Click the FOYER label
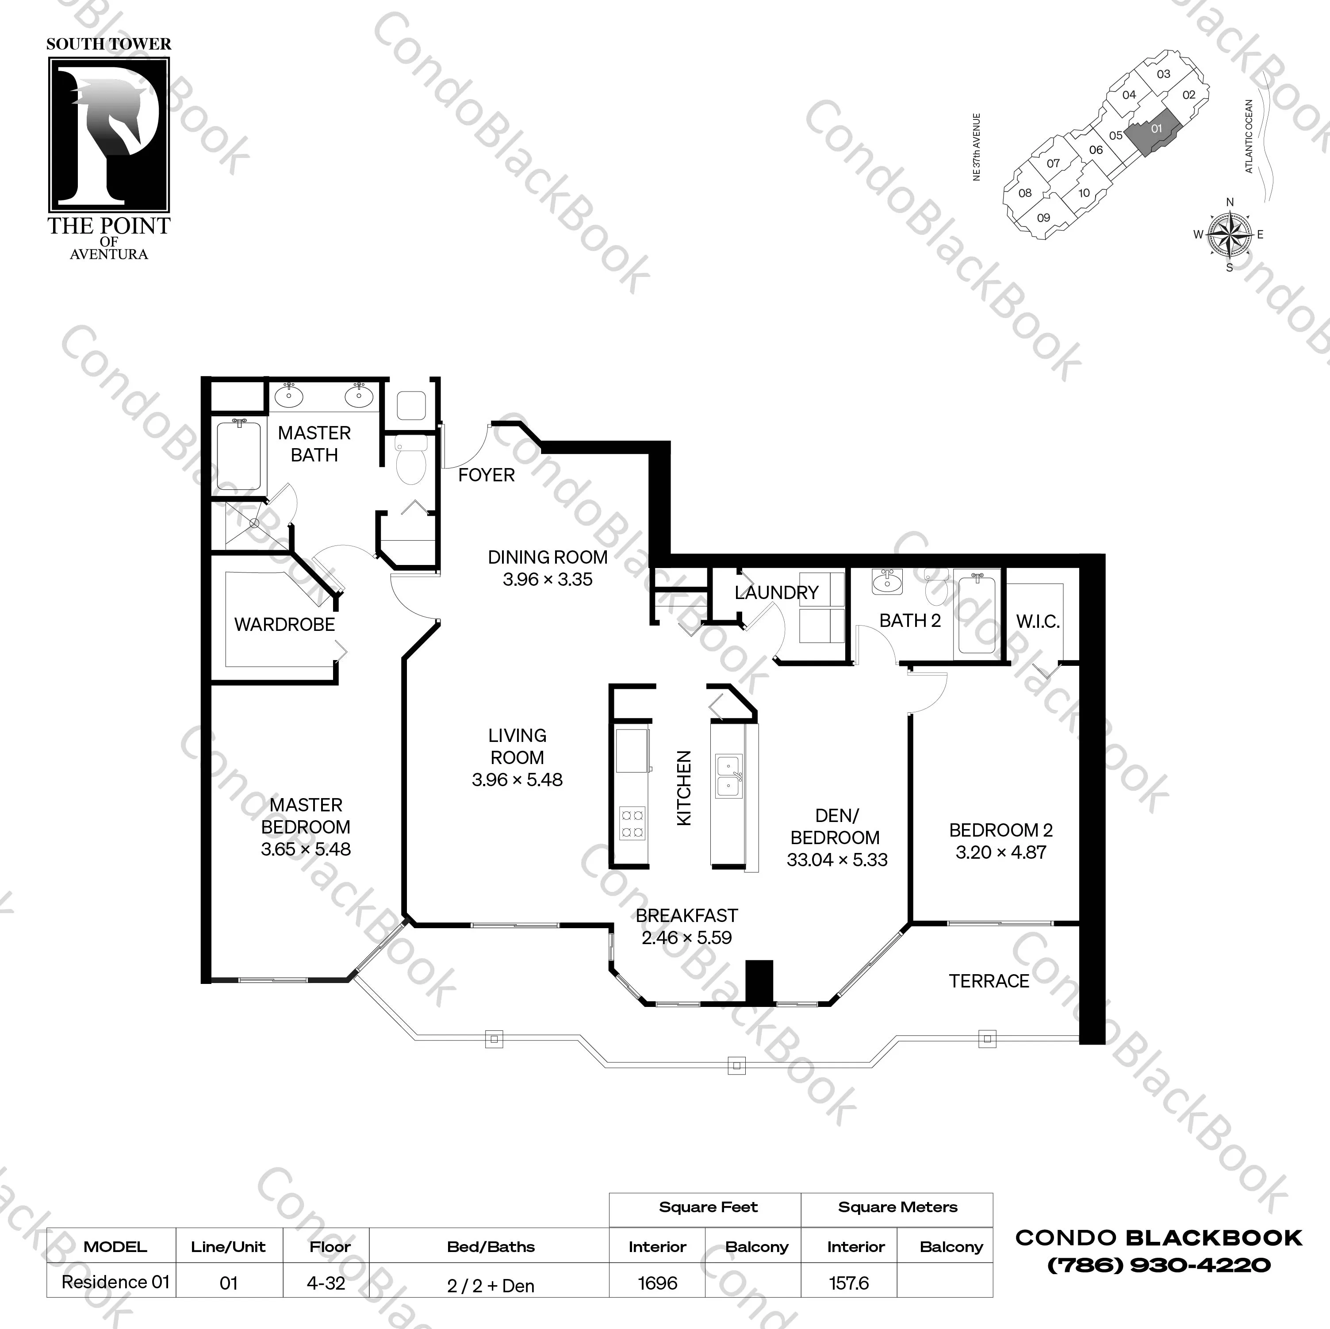click(486, 475)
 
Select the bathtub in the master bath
click(238, 455)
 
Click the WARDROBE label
click(284, 625)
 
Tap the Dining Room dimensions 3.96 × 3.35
click(547, 579)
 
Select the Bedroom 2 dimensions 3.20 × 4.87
click(1000, 853)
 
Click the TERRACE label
click(989, 981)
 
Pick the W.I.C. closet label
click(1038, 622)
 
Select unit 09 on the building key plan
click(1044, 218)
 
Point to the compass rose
click(1230, 234)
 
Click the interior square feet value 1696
click(657, 1283)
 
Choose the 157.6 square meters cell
click(849, 1283)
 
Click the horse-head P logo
click(109, 134)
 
